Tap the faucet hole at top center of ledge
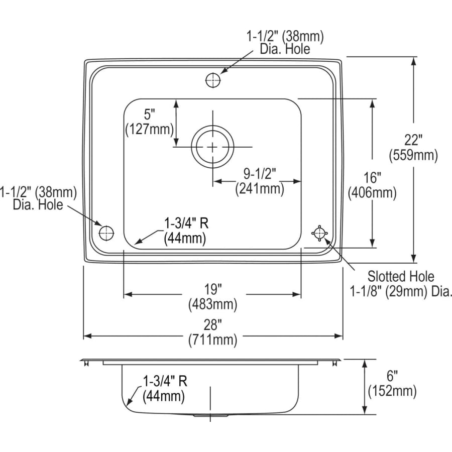(x=212, y=80)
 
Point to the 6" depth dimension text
(x=392, y=376)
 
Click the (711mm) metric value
(x=212, y=340)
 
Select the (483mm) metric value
(x=212, y=304)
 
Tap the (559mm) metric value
(x=413, y=156)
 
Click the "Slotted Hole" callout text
(x=401, y=276)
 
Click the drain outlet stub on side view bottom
(x=211, y=416)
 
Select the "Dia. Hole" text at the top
(x=285, y=49)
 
